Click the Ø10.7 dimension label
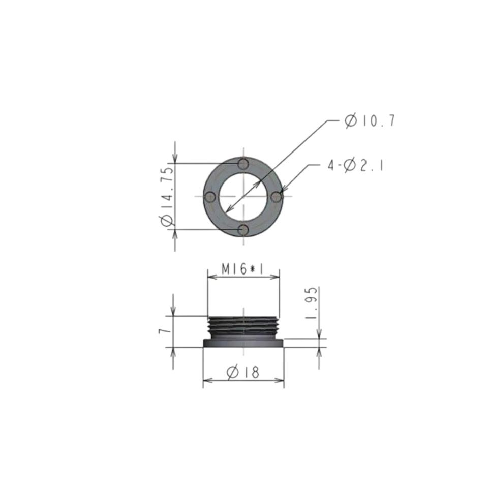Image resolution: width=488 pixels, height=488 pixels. (370, 121)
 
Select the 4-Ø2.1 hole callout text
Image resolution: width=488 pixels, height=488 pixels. (355, 165)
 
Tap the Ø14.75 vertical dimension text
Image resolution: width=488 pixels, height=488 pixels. (167, 196)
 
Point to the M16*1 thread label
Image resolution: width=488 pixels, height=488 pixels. (242, 269)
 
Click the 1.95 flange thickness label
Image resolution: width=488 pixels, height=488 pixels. (312, 303)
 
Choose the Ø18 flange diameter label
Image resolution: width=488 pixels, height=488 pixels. (243, 372)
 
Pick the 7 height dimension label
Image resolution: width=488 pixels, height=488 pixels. (165, 330)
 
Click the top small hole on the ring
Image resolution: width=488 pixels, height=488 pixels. (243, 164)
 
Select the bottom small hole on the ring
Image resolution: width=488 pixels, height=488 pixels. (243, 230)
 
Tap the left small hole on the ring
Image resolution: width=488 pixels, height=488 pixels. (210, 197)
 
